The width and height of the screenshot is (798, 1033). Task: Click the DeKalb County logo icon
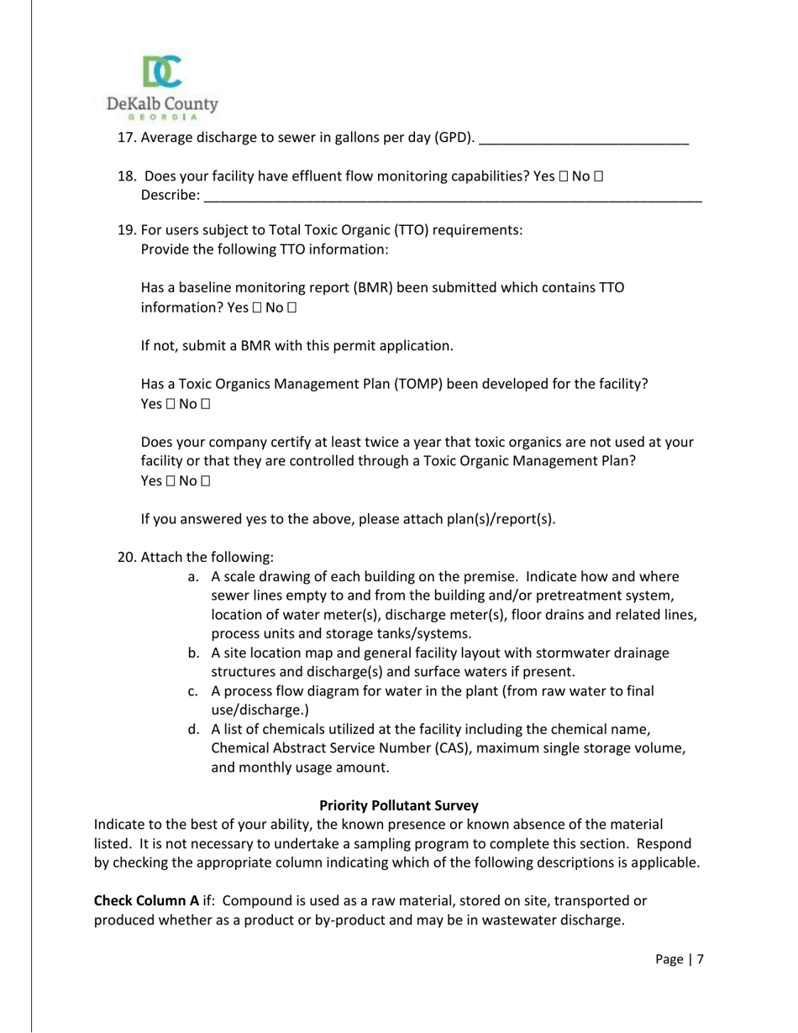(x=162, y=72)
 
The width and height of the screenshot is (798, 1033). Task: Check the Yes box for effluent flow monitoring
(x=564, y=176)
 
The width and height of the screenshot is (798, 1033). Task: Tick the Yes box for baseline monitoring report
(x=256, y=308)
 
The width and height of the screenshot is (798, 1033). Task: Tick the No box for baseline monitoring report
(x=292, y=308)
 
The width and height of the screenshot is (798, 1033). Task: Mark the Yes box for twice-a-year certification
(x=170, y=481)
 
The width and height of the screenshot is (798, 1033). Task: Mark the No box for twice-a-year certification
(x=205, y=481)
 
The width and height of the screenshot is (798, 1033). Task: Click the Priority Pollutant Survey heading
(x=399, y=805)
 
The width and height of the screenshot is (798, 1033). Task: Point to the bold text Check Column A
(x=146, y=900)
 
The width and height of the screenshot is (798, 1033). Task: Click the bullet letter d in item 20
(x=192, y=729)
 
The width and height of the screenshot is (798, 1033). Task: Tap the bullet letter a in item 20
(x=192, y=577)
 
